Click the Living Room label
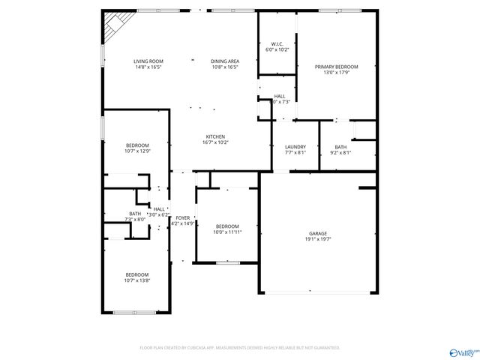point(148,61)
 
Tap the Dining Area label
point(224,61)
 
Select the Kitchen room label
point(215,136)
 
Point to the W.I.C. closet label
point(276,44)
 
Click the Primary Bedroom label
point(336,67)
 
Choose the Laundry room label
point(295,147)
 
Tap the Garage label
point(318,233)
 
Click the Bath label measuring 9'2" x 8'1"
point(340,147)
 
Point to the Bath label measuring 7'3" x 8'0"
point(135,214)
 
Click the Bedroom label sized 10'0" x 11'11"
point(226,226)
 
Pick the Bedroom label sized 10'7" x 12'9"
point(137,145)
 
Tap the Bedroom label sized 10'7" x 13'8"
point(137,274)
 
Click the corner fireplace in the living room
point(113,23)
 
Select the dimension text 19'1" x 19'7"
point(318,240)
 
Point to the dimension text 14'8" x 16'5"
point(148,67)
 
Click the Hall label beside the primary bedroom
point(279,96)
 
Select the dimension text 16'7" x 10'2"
point(215,142)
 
